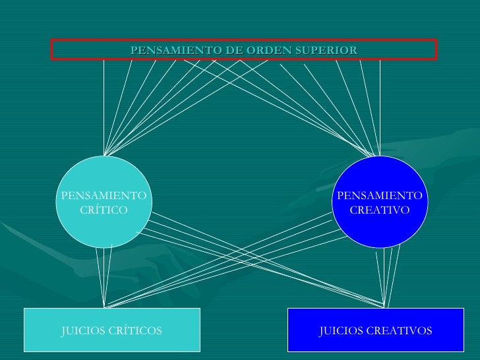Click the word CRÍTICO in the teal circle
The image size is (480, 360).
pyautogui.click(x=103, y=210)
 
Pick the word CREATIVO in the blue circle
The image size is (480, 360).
pyautogui.click(x=379, y=210)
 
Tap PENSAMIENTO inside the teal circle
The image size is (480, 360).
pyautogui.click(x=103, y=196)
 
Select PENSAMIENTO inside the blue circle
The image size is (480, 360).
pyautogui.click(x=379, y=196)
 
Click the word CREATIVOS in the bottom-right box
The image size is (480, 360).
pyautogui.click(x=398, y=330)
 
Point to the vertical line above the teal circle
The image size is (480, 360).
pyautogui.click(x=104, y=105)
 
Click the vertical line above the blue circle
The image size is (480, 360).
pyautogui.click(x=380, y=105)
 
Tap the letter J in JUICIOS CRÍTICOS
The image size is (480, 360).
pyautogui.click(x=63, y=330)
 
